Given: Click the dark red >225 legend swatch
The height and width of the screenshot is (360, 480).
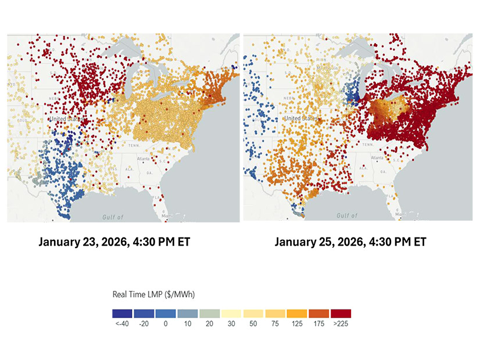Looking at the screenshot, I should (x=340, y=314).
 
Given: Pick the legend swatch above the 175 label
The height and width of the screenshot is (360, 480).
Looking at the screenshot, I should (x=318, y=314).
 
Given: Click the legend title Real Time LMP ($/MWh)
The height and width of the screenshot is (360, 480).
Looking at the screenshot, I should (x=153, y=295).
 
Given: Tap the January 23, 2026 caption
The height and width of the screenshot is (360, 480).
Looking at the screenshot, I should (x=114, y=242).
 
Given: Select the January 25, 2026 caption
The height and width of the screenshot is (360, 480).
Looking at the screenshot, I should (x=350, y=242).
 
